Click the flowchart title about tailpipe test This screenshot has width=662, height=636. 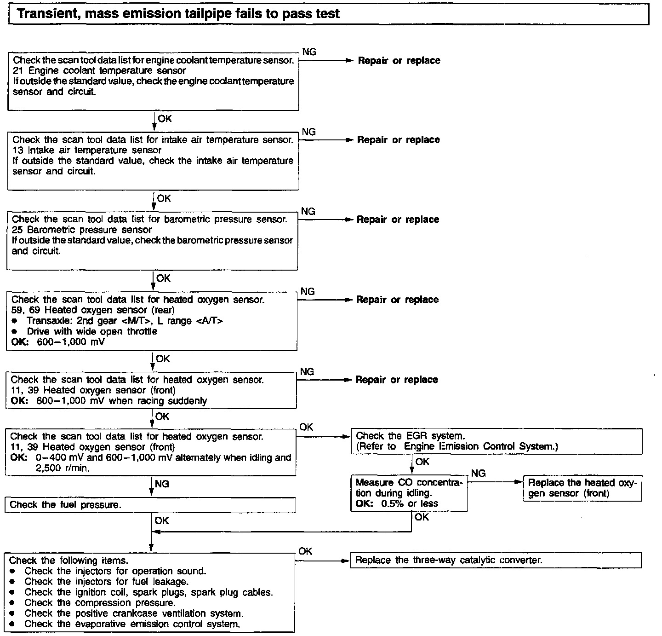(x=178, y=13)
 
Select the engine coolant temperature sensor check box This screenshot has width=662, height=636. (x=154, y=81)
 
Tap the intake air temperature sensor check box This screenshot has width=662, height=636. (x=153, y=161)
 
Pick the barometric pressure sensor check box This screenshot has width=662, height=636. (x=152, y=240)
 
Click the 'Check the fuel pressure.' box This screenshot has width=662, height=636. (x=150, y=505)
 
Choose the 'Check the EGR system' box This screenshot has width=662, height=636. (x=496, y=441)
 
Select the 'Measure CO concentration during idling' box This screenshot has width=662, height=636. (x=409, y=493)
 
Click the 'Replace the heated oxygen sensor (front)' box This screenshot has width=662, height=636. (x=582, y=488)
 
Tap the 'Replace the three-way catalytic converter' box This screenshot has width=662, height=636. (x=496, y=560)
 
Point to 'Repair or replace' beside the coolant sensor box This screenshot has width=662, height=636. (x=399, y=61)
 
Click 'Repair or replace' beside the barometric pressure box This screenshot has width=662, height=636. (x=398, y=220)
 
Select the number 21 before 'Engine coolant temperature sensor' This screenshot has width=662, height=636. (x=18, y=71)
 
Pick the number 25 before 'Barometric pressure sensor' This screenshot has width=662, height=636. (x=17, y=230)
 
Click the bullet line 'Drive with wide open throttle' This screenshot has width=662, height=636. (x=91, y=331)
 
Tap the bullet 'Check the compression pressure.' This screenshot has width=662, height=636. (x=100, y=603)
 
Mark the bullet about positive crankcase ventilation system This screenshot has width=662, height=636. (x=134, y=613)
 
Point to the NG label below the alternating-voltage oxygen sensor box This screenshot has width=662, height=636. (x=162, y=484)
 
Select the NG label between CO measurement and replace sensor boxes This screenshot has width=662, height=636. (x=479, y=474)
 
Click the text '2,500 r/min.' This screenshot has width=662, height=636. (x=63, y=468)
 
